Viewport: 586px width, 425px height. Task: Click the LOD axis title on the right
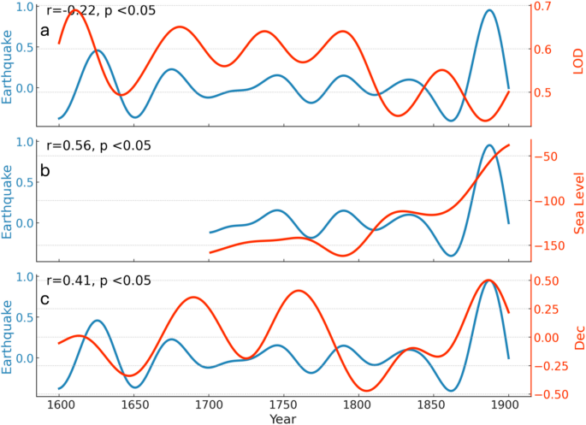[x=577, y=62]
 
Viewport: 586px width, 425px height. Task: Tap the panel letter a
[x=45, y=32]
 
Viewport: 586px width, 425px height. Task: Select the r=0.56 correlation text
[x=98, y=145]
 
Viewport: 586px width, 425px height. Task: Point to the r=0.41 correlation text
[x=98, y=280]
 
